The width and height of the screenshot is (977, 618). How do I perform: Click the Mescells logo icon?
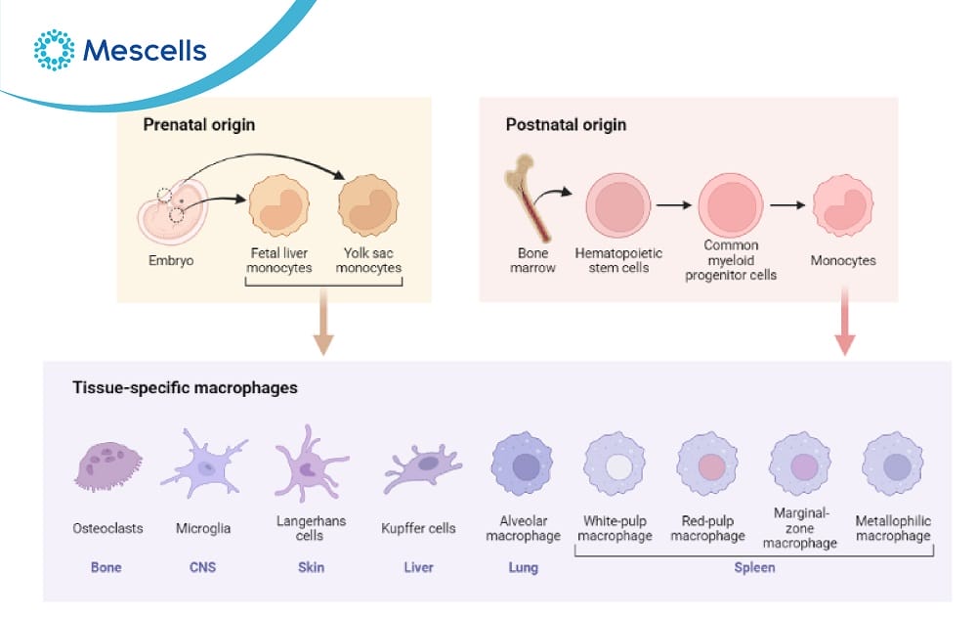pos(54,50)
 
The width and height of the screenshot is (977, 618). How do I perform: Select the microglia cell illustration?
pos(203,467)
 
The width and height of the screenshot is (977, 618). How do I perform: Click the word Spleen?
pos(754,567)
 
